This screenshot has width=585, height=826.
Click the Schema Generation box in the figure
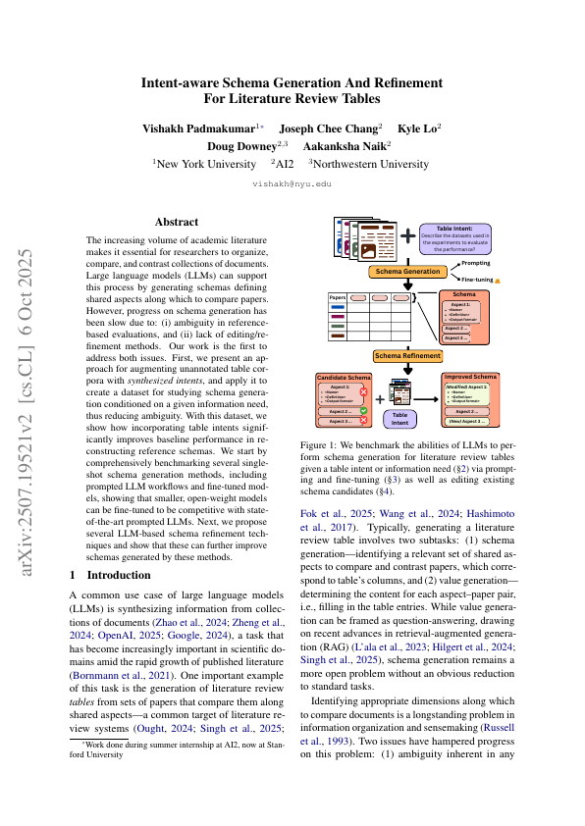click(x=408, y=271)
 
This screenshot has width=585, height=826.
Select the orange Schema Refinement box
click(x=408, y=355)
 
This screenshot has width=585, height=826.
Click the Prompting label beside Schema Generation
click(x=476, y=263)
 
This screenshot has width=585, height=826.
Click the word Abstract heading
click(x=178, y=222)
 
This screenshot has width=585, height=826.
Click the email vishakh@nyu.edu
click(x=292, y=183)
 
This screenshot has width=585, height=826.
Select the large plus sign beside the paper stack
click(x=406, y=237)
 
